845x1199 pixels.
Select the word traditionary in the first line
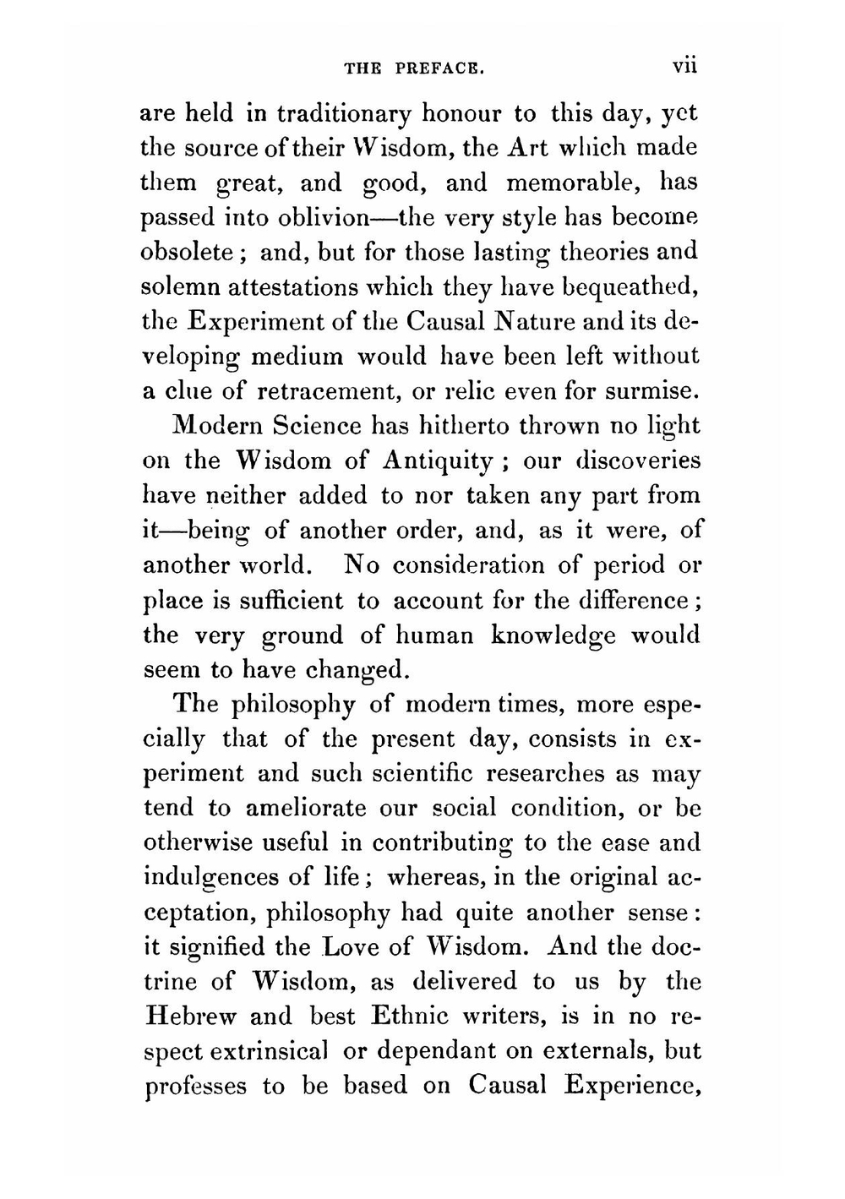[x=344, y=113]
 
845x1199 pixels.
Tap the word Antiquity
[x=437, y=461]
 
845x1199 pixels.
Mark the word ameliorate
[x=306, y=808]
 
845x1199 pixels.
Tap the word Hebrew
[x=191, y=1016]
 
